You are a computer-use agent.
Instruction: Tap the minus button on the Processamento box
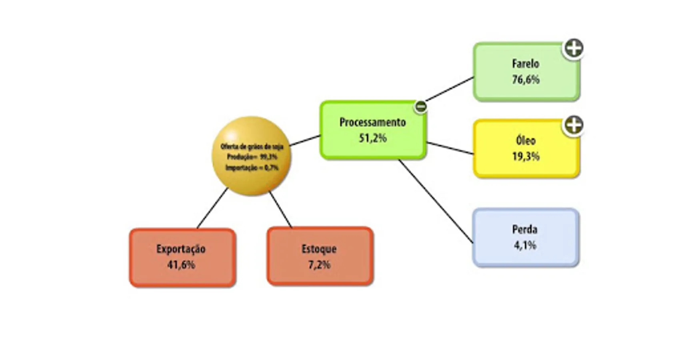420,107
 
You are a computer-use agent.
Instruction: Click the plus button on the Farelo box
574,48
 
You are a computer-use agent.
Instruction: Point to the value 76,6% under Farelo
526,80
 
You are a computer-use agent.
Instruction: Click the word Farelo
526,64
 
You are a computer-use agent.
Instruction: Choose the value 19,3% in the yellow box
526,156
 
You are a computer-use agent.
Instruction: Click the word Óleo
526,140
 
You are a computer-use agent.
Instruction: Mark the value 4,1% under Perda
525,245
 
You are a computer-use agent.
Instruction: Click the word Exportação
181,249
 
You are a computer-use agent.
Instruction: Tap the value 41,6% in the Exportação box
181,265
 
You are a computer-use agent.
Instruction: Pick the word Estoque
319,249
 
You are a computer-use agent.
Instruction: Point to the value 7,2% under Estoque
319,265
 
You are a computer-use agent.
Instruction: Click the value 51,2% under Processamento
372,138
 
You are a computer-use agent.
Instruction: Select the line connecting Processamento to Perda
436,201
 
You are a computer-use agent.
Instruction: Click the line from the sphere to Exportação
212,208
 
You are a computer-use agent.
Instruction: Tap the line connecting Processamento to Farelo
450,89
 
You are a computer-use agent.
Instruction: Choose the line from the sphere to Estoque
280,210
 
